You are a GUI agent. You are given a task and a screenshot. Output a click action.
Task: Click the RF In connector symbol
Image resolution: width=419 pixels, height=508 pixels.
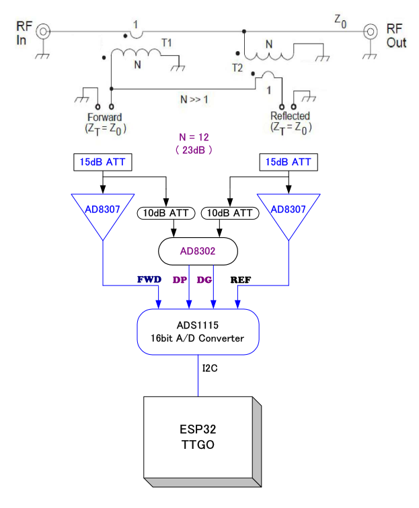[43, 32]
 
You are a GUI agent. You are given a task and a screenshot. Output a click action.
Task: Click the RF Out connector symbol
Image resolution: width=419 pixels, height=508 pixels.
[370, 32]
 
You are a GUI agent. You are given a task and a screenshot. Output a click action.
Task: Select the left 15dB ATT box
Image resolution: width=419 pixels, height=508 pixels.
[103, 163]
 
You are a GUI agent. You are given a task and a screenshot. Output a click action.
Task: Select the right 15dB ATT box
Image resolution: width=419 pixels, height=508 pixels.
[289, 163]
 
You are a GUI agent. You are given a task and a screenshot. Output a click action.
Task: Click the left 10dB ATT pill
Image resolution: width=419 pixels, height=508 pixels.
[166, 213]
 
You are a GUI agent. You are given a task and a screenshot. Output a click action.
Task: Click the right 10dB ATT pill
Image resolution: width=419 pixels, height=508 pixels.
[230, 213]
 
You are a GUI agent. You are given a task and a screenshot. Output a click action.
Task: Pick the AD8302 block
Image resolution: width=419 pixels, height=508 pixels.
[198, 251]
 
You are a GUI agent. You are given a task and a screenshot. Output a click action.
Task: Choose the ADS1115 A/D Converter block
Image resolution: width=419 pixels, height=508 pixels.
[198, 332]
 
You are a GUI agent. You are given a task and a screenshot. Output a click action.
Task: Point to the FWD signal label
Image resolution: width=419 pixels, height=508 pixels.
[149, 280]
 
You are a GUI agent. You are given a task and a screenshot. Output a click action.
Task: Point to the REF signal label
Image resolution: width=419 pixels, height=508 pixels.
[241, 280]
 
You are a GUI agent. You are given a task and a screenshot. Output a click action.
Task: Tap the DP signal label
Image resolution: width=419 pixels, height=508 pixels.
[180, 280]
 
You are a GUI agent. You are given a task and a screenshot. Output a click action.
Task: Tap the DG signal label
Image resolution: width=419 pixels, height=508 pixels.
[204, 280]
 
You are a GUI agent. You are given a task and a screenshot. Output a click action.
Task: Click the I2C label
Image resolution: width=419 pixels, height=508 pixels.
[210, 368]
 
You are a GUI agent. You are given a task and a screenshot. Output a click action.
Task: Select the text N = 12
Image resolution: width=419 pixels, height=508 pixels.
[194, 137]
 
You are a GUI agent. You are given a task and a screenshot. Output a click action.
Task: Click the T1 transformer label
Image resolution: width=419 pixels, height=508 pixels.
[167, 43]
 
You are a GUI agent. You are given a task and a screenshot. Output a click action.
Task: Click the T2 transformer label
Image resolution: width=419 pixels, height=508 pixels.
[237, 68]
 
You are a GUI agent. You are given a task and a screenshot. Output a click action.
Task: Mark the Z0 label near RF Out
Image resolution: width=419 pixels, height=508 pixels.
[340, 21]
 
